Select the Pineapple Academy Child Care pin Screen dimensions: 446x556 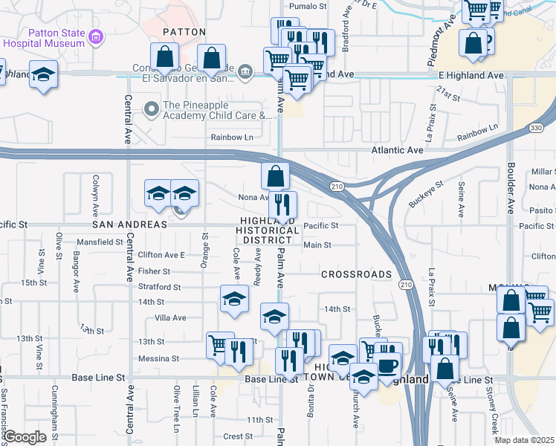pyautogui.click(x=152, y=110)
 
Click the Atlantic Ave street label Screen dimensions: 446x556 pyautogui.click(x=397, y=149)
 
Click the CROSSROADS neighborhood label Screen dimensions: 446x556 pyautogui.click(x=356, y=274)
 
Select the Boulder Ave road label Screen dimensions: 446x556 pyautogui.click(x=511, y=186)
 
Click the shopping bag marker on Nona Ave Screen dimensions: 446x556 pyautogui.click(x=275, y=176)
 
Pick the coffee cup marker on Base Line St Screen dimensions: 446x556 pyautogui.click(x=388, y=365)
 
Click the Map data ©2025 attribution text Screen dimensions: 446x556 pyautogui.click(x=524, y=440)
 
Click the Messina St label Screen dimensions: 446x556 pyautogui.click(x=158, y=358)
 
